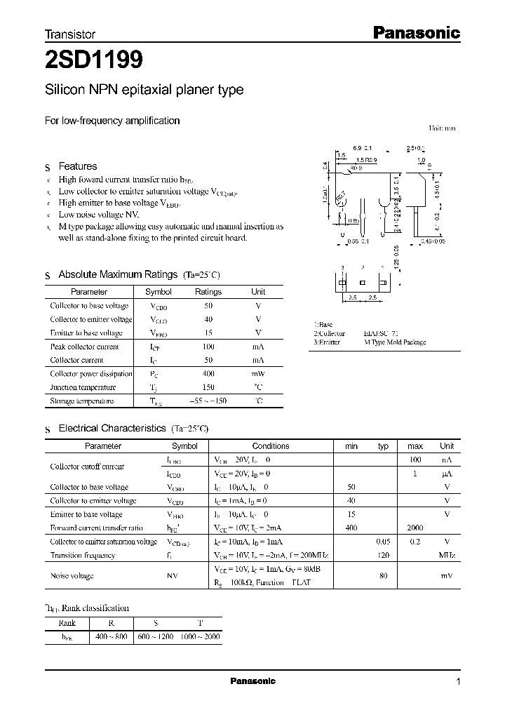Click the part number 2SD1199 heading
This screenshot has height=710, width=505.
click(x=94, y=61)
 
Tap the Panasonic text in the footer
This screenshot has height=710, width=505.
click(x=253, y=681)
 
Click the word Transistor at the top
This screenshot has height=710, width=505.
click(x=70, y=34)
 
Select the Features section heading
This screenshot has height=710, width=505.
click(x=77, y=166)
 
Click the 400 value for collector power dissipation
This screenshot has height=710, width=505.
click(x=208, y=374)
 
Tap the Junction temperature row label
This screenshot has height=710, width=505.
click(x=83, y=387)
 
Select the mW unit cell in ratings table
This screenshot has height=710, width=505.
click(x=258, y=374)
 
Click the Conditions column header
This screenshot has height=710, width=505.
click(x=270, y=446)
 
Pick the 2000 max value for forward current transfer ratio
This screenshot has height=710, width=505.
click(x=415, y=528)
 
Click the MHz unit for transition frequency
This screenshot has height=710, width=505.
click(x=447, y=555)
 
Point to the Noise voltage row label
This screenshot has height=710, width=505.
click(x=72, y=575)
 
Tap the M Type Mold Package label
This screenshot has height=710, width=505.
click(x=394, y=342)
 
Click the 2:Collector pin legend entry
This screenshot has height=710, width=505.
click(x=330, y=334)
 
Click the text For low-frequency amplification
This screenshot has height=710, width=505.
click(x=112, y=121)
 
